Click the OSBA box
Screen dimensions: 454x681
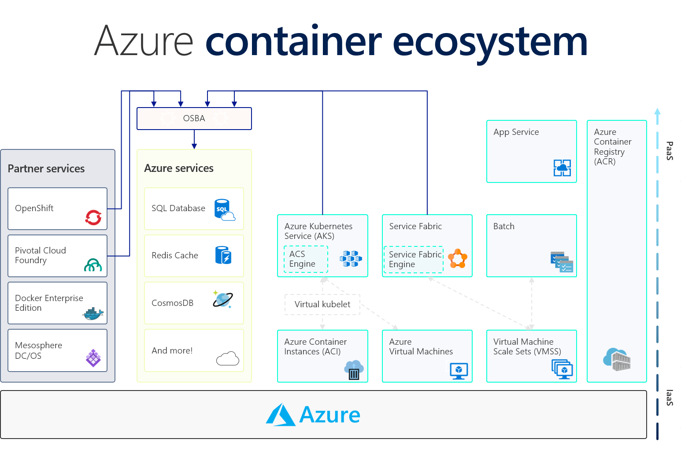coord(194,119)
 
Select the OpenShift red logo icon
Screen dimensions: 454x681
coord(93,217)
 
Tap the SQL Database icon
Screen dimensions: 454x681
coord(224,210)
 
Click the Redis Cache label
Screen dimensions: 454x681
coord(174,255)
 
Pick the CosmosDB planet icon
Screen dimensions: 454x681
coord(223,300)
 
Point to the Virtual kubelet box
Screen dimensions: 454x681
coord(322,305)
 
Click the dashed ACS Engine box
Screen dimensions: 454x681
coord(306,259)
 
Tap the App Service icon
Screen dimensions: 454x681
coord(562,168)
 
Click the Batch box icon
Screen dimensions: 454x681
coord(562,262)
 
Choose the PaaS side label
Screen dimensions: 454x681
coord(669,151)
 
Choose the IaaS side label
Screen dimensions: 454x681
coord(669,398)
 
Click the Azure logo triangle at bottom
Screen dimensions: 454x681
coord(281,415)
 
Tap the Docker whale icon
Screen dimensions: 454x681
coord(93,314)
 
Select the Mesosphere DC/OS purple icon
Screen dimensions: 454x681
coord(93,358)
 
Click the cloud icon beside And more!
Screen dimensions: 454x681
coord(228,359)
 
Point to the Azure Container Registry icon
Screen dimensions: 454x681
coord(617,359)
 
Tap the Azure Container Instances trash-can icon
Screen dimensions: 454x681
coord(354,370)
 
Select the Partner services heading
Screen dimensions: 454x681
coord(46,169)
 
